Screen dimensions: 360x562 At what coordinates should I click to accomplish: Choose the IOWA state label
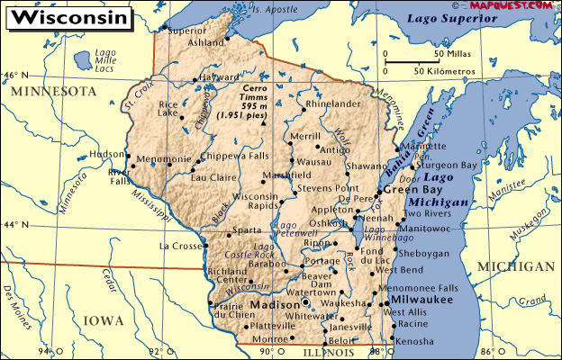(x=104, y=319)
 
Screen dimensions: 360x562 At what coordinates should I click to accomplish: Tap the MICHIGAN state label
(x=516, y=267)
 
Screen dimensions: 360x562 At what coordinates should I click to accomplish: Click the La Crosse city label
(x=176, y=246)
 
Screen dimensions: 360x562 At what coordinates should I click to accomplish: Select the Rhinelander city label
(x=332, y=103)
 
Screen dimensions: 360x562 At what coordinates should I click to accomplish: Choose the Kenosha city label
(x=414, y=342)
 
